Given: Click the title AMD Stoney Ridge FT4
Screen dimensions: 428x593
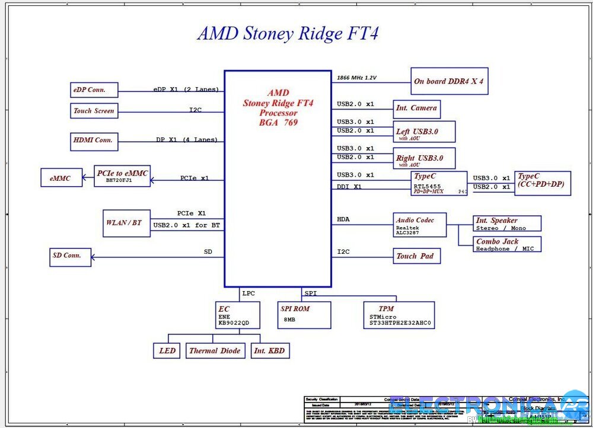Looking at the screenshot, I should coord(288,33).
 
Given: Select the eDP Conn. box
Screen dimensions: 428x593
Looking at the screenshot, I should coord(94,90).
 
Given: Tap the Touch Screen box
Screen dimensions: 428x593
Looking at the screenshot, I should coord(94,111).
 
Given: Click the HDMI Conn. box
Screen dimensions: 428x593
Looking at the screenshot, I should coord(94,140).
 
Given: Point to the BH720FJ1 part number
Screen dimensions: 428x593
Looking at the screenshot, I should coord(119,180).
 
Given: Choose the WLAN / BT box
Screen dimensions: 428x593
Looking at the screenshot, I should coord(126,223).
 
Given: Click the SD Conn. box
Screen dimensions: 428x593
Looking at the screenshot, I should coord(70,257).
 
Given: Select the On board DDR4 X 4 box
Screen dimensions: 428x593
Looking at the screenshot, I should coord(449,81).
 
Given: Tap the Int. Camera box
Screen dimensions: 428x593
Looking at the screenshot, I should coord(416,108).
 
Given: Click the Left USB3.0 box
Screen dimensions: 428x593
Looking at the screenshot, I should coord(424,132).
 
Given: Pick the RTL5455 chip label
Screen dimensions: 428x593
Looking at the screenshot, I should coord(427,186).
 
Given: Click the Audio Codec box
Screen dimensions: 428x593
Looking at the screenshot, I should coord(419,225).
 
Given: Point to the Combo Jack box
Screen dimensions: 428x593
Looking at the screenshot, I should coord(507,244).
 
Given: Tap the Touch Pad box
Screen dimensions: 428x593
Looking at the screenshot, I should coord(416,256).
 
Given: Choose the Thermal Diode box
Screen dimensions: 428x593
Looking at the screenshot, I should coord(215,351).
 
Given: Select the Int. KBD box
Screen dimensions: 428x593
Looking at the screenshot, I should coord(270,351).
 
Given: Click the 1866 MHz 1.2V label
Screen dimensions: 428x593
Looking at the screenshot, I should coord(356,78).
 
